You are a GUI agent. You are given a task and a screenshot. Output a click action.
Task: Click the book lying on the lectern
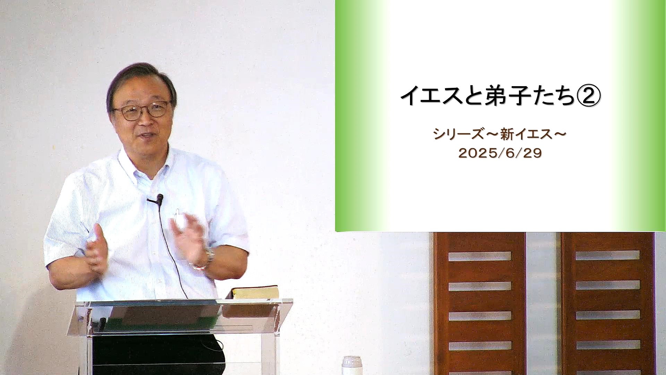255,292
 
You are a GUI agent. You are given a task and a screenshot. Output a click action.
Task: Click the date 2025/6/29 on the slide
500,153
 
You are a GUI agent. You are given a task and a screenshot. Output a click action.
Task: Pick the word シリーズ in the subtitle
458,134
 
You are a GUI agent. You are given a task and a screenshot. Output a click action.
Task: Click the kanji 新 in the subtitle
507,134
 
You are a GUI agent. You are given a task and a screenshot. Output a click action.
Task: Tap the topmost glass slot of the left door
480,256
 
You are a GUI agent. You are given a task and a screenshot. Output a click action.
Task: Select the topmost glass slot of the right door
608,255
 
